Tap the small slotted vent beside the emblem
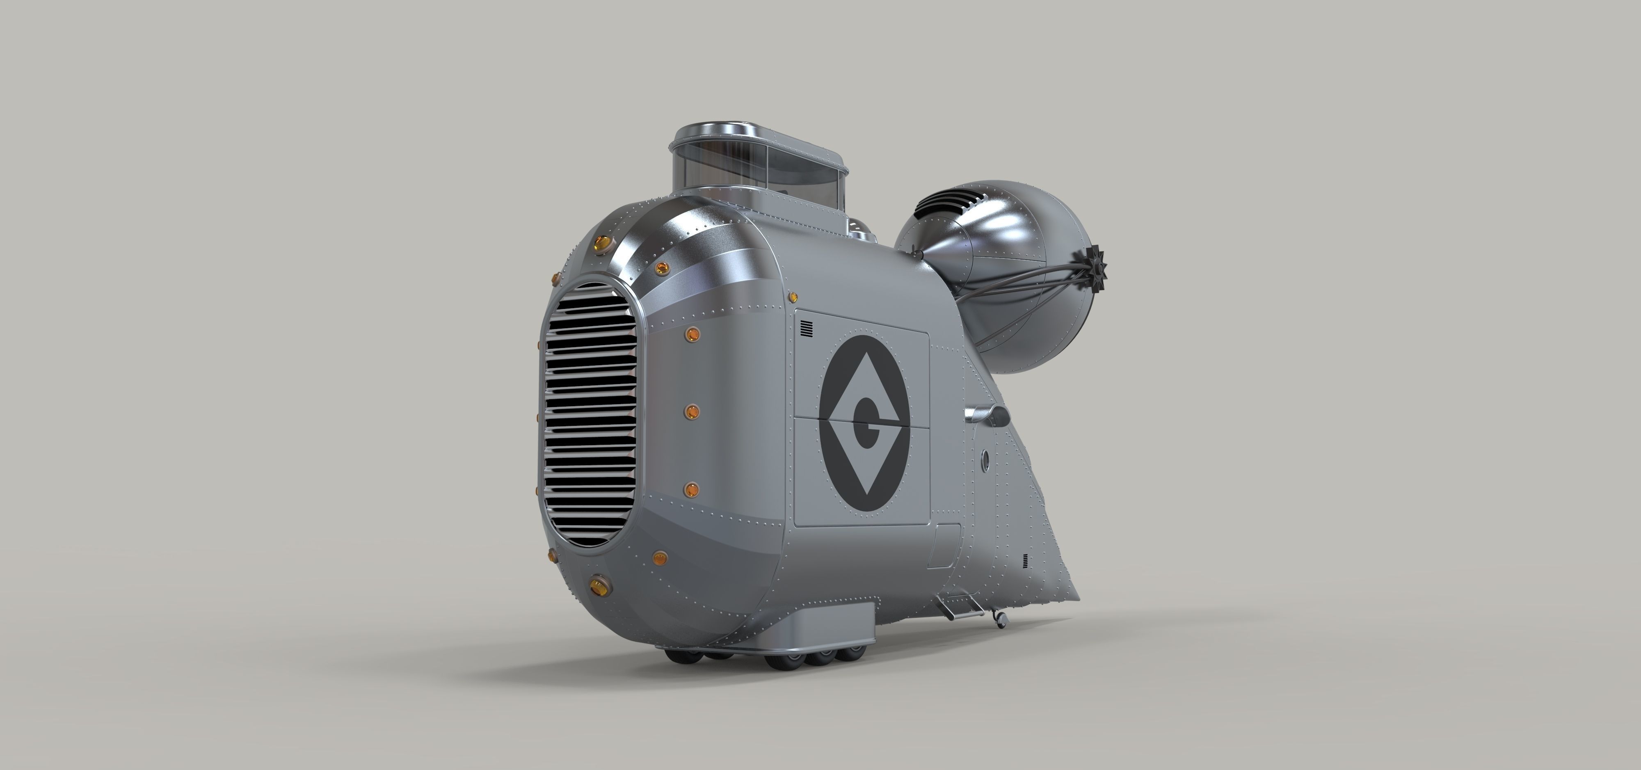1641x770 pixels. coord(807,329)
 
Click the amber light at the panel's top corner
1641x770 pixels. coord(794,296)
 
